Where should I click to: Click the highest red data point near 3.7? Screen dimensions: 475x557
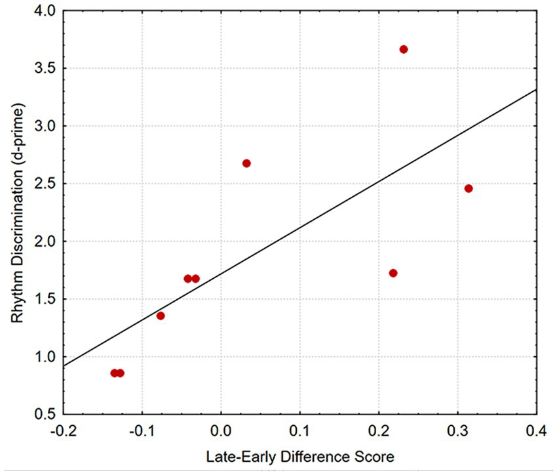click(x=404, y=49)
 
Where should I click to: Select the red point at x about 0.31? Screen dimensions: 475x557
click(x=468, y=188)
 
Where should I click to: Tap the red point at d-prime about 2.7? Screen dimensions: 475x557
click(x=246, y=163)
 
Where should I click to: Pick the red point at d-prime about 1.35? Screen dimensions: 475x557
click(x=161, y=316)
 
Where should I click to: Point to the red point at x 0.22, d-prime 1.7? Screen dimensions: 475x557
click(x=393, y=273)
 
